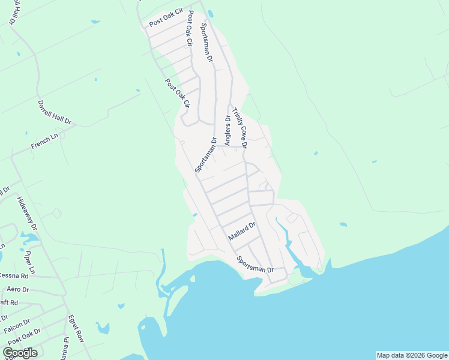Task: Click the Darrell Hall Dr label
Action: [x=55, y=112]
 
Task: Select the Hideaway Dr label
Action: [x=27, y=214]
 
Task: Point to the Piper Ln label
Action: [x=30, y=262]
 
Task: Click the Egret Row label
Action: [x=76, y=328]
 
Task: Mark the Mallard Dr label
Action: [x=243, y=231]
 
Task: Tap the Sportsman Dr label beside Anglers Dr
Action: [x=205, y=155]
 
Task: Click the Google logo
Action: [x=20, y=353]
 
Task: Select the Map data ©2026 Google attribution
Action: [x=412, y=355]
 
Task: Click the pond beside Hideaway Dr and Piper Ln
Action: [x=30, y=237]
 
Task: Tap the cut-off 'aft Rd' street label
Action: [x=9, y=303]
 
